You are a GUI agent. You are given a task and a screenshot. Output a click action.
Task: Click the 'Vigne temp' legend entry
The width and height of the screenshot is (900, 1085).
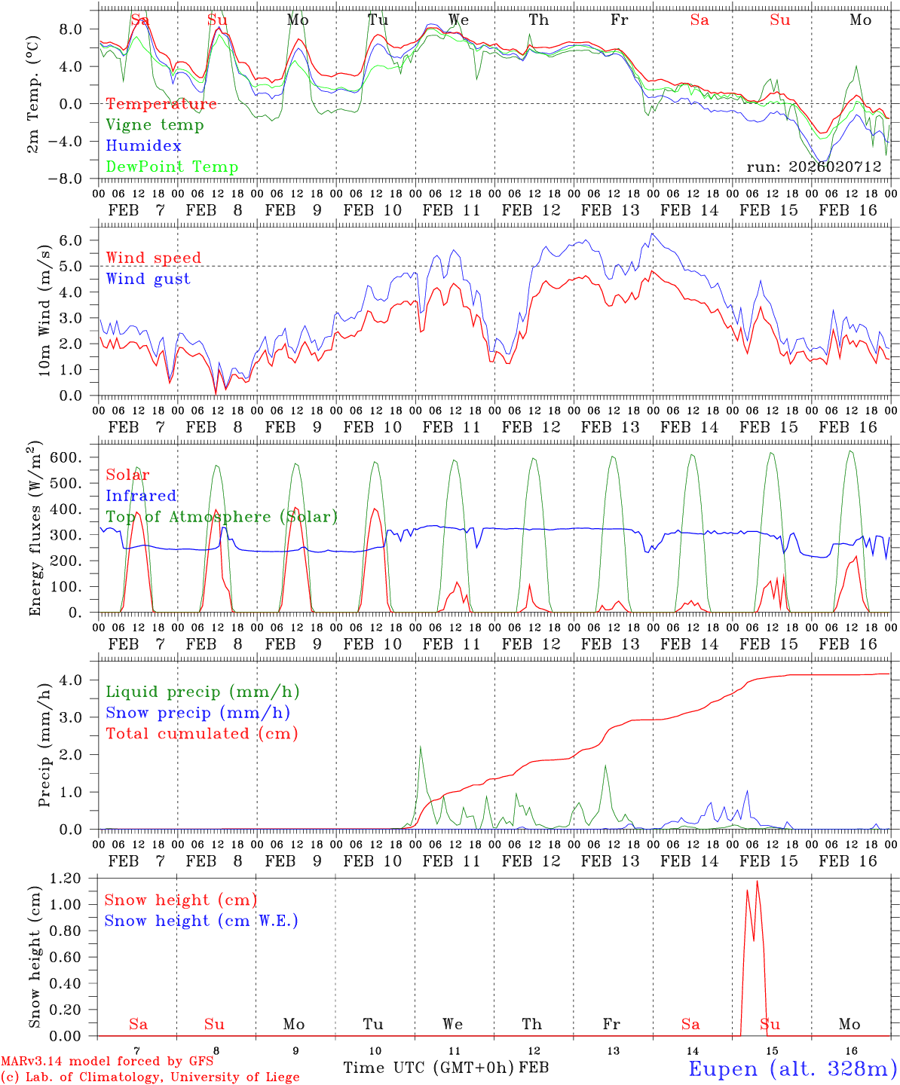click(x=155, y=125)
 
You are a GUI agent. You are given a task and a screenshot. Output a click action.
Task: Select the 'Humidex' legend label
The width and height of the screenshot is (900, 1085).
click(x=143, y=145)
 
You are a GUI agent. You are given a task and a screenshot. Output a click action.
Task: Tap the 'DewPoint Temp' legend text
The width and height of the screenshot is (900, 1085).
click(x=172, y=167)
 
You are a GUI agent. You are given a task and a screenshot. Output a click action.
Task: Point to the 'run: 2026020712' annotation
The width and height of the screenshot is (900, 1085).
click(x=813, y=167)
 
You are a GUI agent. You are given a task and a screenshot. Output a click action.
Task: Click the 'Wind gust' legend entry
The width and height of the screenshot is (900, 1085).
click(x=148, y=279)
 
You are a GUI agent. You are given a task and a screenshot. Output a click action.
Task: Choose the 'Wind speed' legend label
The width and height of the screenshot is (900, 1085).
click(x=154, y=258)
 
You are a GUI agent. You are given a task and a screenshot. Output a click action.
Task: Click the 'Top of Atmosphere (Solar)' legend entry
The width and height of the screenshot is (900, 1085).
click(x=222, y=517)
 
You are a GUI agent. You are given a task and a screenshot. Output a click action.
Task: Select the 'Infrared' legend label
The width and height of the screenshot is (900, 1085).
click(x=141, y=496)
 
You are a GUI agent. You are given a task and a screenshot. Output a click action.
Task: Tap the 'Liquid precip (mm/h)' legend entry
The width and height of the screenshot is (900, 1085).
click(x=202, y=692)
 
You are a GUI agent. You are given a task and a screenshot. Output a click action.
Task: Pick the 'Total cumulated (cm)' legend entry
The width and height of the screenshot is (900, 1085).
click(x=201, y=733)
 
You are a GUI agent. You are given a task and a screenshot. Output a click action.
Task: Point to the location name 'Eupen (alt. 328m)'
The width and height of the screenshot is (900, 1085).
click(x=791, y=1068)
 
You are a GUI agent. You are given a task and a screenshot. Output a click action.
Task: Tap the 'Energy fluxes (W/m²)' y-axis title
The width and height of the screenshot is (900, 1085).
click(x=35, y=529)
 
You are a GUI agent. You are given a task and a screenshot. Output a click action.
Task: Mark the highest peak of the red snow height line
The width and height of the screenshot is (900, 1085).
click(x=757, y=881)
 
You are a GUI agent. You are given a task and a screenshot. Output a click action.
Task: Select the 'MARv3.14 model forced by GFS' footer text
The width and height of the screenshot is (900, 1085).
click(x=106, y=1062)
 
